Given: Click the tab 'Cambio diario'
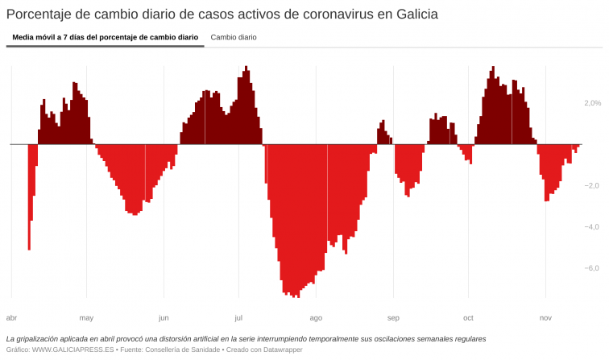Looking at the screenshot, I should (x=233, y=37).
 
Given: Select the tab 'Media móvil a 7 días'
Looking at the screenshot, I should (x=105, y=37).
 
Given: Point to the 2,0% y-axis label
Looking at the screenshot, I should (x=592, y=103).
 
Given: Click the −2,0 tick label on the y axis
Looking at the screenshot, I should (x=592, y=185).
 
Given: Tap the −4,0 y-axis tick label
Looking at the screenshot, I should (x=592, y=226).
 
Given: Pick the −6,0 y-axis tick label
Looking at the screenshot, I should (x=592, y=268).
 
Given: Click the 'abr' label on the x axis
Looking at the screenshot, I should (x=11, y=317).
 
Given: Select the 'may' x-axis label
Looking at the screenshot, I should (x=86, y=317).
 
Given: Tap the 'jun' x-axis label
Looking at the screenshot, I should (x=164, y=317).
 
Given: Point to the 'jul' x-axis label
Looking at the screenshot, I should (x=238, y=317).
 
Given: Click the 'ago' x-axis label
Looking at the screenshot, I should (x=316, y=317).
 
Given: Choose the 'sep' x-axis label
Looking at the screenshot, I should (x=393, y=317).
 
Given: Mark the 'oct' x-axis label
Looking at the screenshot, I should (x=468, y=317).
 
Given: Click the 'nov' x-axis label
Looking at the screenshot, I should (x=545, y=317).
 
